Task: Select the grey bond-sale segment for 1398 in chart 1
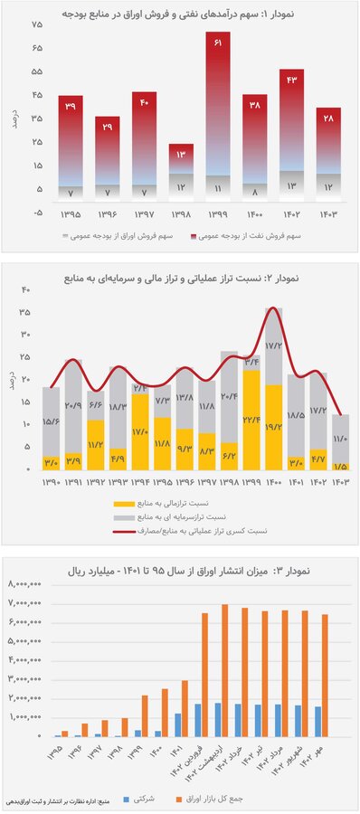(181, 186)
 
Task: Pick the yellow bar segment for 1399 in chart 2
(251, 421)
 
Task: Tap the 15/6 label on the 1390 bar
(52, 421)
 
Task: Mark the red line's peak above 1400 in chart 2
(273, 309)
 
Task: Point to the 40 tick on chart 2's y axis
(26, 290)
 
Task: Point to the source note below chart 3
(54, 800)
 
